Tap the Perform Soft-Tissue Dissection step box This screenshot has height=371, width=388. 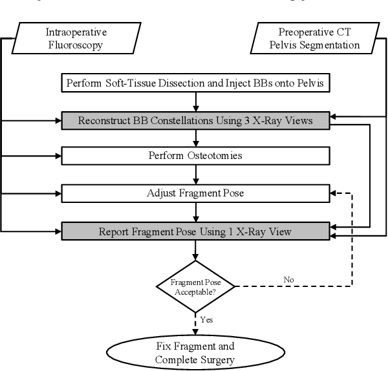(x=195, y=83)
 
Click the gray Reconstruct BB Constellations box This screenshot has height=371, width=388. (x=195, y=120)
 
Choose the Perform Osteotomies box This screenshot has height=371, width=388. (x=195, y=156)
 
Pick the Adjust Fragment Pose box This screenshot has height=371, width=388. (x=195, y=193)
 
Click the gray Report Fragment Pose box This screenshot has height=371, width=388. (x=195, y=229)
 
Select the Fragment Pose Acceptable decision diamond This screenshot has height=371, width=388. (x=195, y=286)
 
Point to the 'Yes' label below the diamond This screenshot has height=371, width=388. (x=207, y=319)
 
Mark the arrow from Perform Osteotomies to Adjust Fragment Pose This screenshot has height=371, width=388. (x=195, y=174)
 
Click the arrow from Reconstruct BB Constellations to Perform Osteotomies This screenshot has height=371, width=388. (x=195, y=137)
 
